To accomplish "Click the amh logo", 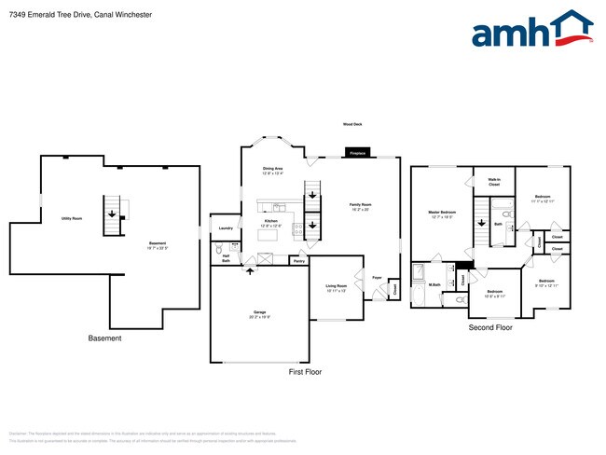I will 531,30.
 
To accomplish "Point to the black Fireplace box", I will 357,152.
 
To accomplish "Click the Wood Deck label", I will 353,124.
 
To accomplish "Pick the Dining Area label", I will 273,170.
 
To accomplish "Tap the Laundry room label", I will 225,227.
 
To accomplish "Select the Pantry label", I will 298,261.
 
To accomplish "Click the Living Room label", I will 337,287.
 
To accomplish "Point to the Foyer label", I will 378,278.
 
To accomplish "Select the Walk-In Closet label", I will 494,183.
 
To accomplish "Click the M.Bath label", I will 434,284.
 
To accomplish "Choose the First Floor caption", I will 305,371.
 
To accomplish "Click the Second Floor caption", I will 490,327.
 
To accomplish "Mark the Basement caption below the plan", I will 104,338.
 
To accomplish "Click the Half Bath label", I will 226,257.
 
